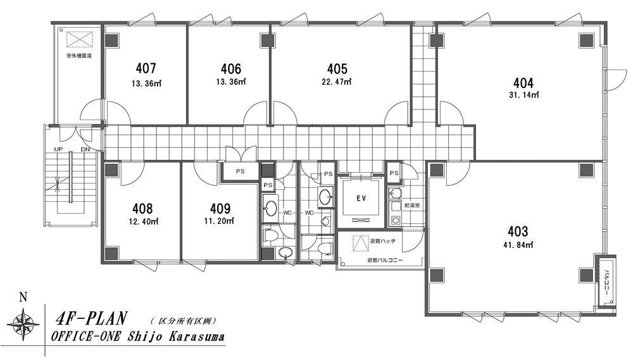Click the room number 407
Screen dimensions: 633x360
point(146,68)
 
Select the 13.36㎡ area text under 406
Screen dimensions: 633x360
point(231,82)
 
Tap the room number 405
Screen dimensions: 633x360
point(337,68)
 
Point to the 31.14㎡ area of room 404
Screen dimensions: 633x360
point(523,96)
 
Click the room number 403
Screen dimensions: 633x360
point(518,232)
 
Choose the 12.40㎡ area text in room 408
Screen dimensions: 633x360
point(143,221)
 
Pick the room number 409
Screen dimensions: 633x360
point(220,208)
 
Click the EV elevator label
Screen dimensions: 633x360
point(361,198)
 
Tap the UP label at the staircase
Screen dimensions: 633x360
point(58,149)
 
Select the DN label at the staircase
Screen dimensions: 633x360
point(85,149)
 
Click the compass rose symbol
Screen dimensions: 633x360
point(23,323)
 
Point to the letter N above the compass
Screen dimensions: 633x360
point(23,297)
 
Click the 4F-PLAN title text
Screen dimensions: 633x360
point(91,318)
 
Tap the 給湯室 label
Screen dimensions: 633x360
point(412,206)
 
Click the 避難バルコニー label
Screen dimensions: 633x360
point(385,260)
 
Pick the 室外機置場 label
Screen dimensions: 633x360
point(79,56)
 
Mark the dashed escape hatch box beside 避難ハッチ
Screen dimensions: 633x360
point(361,244)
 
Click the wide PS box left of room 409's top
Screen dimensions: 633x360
point(240,171)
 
